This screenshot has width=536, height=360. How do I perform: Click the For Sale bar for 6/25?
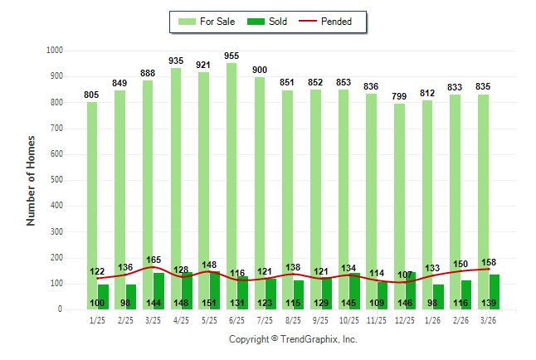231,166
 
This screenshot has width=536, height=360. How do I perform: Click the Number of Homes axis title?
31,180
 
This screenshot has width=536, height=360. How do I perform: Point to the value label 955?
231,56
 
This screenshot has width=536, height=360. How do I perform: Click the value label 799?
399,97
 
